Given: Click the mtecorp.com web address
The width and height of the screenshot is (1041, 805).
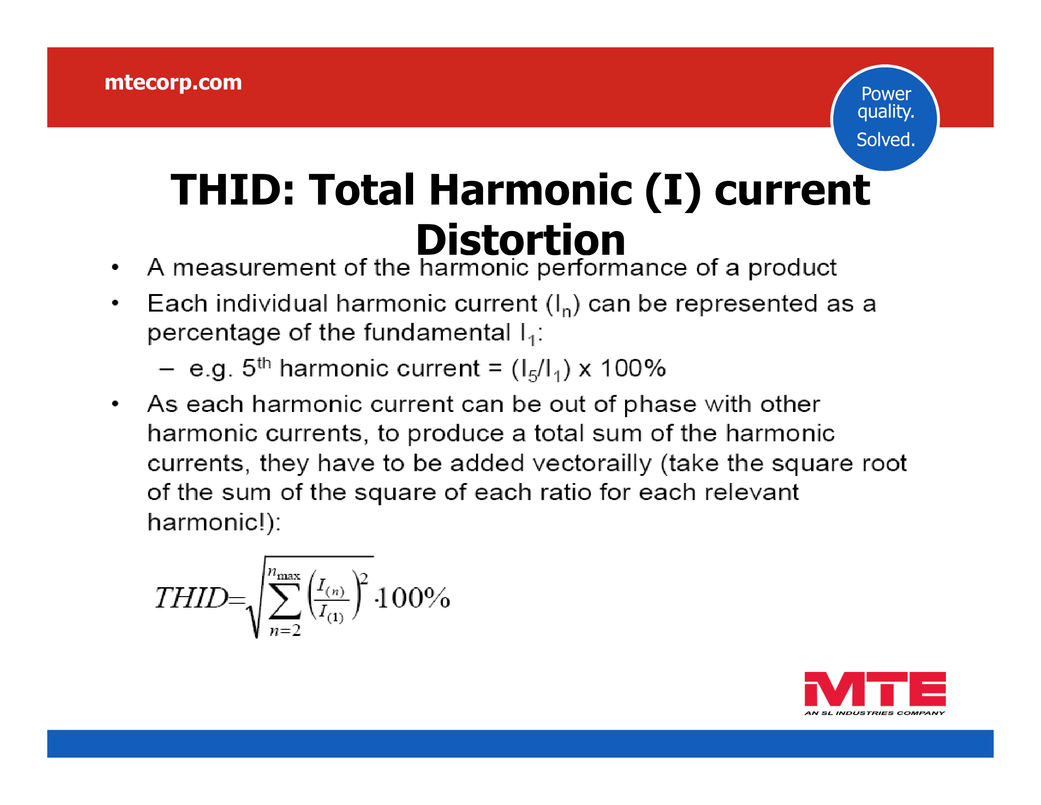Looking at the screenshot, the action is [173, 83].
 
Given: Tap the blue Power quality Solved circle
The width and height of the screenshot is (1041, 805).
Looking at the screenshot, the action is [885, 118].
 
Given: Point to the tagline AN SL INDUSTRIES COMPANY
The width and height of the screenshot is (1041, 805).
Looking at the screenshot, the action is [874, 713].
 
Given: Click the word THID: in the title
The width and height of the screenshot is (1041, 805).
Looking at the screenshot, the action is [233, 190].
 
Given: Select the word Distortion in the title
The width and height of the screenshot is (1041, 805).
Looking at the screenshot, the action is [520, 240].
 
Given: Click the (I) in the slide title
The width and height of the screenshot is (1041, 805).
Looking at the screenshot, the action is [672, 190].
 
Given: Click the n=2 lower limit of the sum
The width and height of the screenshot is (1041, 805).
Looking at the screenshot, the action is [285, 630].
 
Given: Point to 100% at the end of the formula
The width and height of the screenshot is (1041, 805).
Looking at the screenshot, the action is [413, 598].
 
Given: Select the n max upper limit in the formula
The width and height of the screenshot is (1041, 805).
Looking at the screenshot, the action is [283, 573].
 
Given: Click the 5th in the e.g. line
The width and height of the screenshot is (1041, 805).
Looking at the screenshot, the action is [256, 367].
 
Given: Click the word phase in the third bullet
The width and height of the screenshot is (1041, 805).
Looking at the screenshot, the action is [660, 405].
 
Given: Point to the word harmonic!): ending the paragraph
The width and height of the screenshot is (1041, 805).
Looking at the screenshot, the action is [214, 522].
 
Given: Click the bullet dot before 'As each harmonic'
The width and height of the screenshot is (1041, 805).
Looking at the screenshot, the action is [115, 404].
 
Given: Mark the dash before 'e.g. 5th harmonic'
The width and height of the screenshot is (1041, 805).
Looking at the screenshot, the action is [167, 368].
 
